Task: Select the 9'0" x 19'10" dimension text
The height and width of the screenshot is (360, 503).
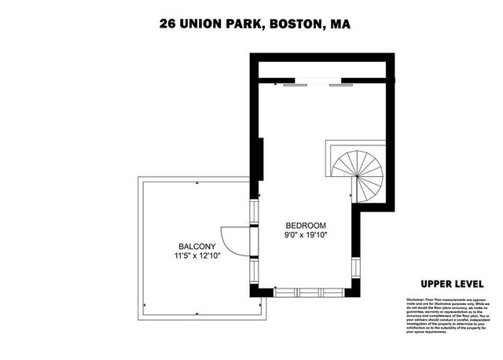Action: (306, 234)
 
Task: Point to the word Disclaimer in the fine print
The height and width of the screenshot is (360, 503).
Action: (415, 300)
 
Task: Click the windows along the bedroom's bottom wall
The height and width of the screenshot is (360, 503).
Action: (308, 292)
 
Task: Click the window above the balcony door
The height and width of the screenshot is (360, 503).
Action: (254, 211)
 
